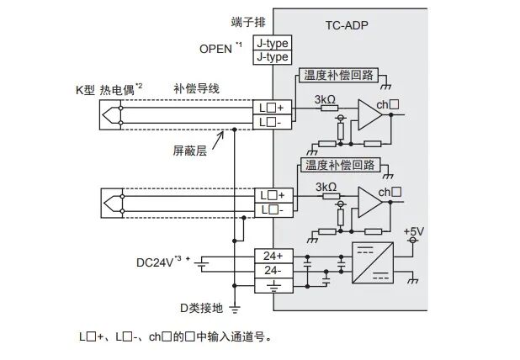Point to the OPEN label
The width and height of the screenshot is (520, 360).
217,48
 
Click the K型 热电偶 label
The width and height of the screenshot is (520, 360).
107,87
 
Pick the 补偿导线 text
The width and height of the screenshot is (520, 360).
196,87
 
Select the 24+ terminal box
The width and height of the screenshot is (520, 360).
273,253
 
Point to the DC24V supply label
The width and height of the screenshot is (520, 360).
157,262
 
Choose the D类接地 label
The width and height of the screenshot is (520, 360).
200,308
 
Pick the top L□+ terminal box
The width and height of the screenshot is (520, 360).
273,108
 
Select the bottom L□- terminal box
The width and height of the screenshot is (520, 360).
273,209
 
